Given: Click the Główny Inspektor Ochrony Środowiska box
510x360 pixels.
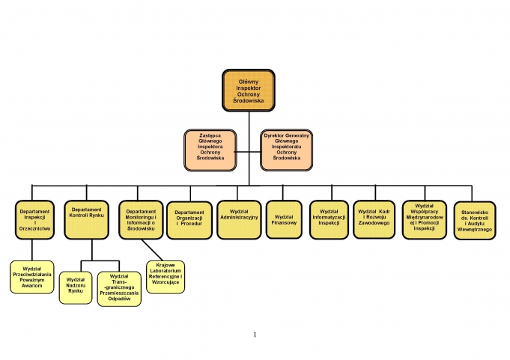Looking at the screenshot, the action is tap(249, 91).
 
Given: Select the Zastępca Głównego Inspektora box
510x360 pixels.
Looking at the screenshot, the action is tap(210, 150).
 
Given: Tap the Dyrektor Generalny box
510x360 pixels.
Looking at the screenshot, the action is tap(287, 150).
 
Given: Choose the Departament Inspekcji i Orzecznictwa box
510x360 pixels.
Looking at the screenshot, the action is tap(34, 220).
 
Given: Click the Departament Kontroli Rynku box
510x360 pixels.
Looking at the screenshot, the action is tap(87, 220).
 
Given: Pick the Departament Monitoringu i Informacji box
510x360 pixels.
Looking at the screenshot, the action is tap(141, 220).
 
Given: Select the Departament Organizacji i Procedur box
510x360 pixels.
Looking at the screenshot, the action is tap(189, 220).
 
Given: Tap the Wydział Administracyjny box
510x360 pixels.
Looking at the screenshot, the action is tap(239, 220).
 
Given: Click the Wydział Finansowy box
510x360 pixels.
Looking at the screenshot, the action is tap(284, 219).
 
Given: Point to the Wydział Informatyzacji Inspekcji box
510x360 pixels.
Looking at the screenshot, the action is tap(330, 220).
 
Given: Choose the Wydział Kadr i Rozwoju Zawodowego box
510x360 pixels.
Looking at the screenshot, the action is tap(374, 219).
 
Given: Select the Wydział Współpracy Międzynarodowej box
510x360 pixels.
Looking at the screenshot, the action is tap(425, 220).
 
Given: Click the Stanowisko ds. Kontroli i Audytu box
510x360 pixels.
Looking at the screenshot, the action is tap(475, 221).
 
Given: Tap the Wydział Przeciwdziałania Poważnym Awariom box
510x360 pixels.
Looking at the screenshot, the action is tap(32, 277).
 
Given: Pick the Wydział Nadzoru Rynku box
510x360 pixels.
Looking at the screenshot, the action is tap(76, 288).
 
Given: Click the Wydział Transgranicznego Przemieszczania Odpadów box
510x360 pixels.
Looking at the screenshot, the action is tap(119, 289).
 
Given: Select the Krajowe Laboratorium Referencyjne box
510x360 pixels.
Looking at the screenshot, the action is tap(166, 277).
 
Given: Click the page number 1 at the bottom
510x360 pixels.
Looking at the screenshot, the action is tap(255, 335).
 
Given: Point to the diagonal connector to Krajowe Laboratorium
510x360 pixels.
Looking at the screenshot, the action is tap(152, 250).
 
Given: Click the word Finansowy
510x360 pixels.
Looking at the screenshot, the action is tap(284, 223).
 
